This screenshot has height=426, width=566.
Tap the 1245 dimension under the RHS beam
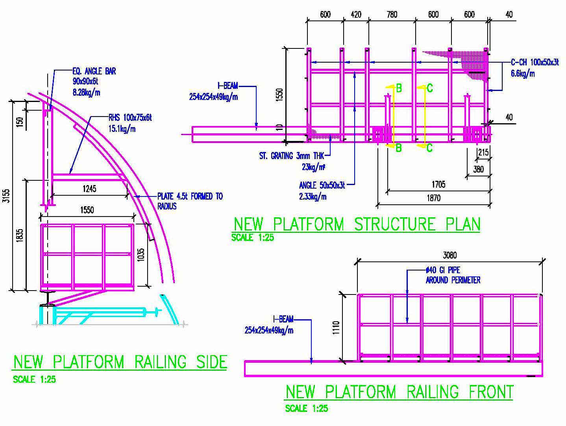click(89, 189)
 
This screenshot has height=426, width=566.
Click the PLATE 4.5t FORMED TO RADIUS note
click(190, 201)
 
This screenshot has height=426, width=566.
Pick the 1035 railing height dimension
click(142, 255)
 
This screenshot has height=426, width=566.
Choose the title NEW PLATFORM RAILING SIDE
click(120, 362)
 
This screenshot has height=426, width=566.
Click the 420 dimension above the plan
click(355, 15)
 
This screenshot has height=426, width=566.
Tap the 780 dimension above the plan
click(392, 15)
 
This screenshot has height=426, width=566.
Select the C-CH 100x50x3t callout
click(534, 67)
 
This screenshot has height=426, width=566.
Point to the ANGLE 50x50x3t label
click(322, 190)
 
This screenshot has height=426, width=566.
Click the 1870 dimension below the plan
click(433, 198)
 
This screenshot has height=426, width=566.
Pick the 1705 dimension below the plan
click(438, 184)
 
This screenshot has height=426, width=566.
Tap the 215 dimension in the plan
click(483, 152)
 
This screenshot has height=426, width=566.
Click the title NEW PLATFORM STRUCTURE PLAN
click(357, 224)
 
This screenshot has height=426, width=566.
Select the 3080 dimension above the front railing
click(449, 255)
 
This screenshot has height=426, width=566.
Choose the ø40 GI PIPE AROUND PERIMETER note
click(453, 275)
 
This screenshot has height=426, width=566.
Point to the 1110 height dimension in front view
click(336, 328)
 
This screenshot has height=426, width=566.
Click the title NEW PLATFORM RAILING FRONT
click(399, 392)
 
